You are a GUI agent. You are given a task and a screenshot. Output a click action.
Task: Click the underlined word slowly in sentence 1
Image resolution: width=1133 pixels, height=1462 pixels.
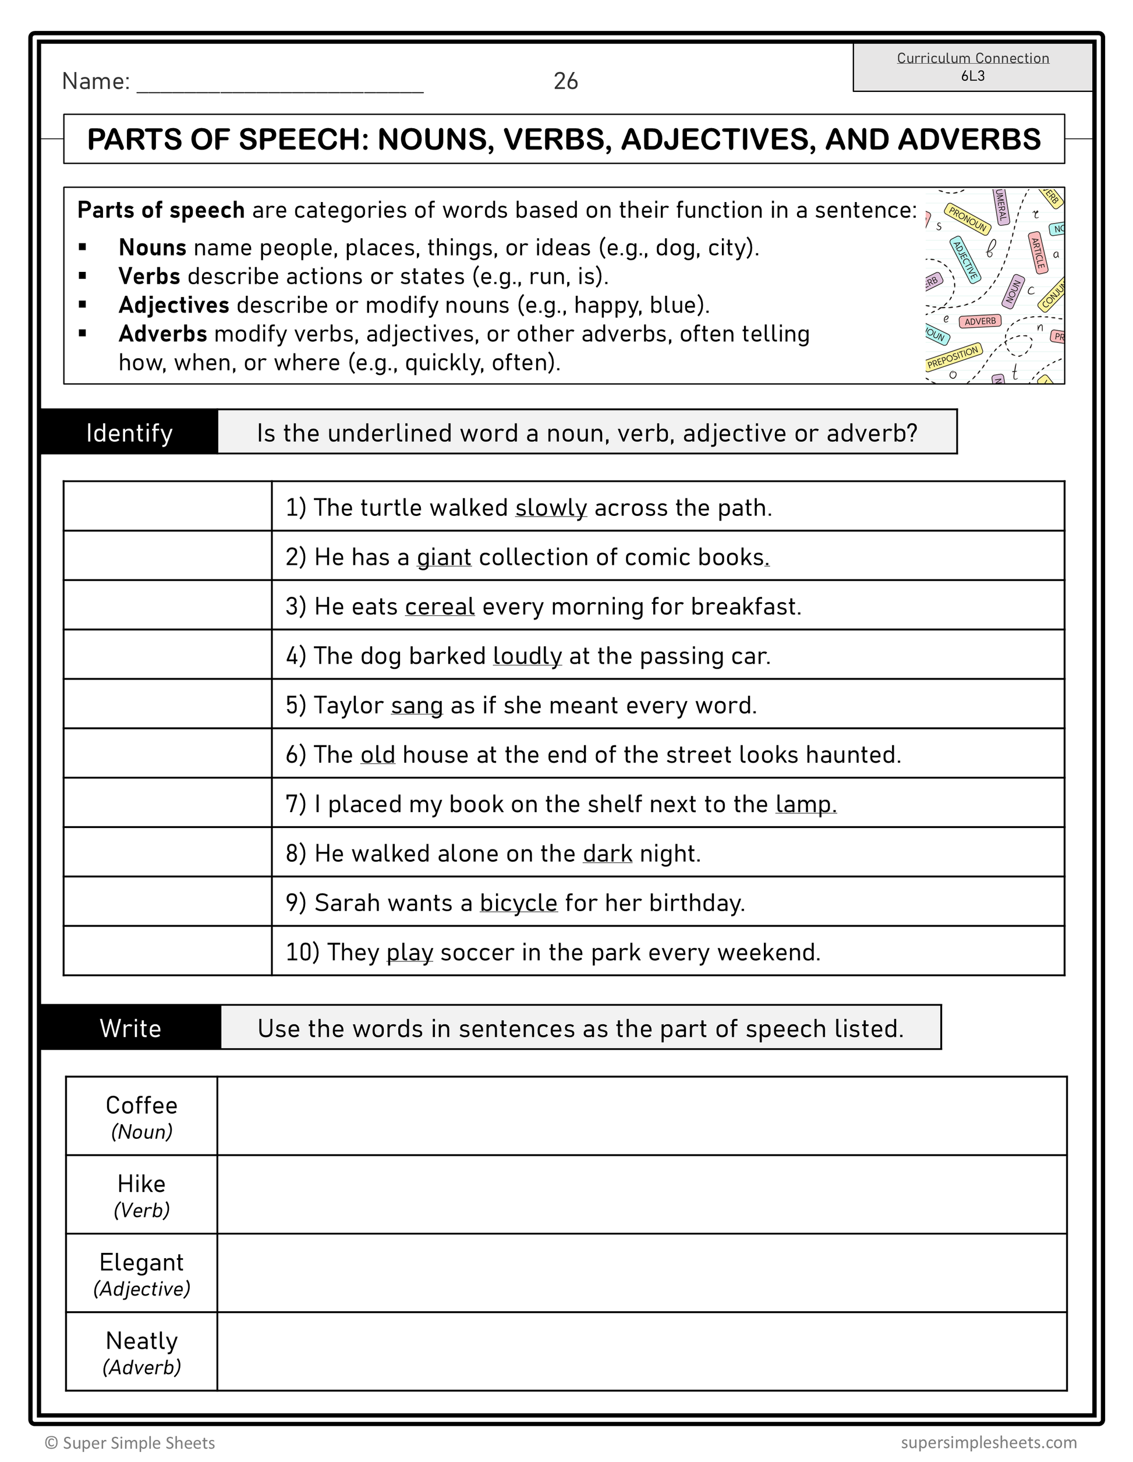pos(551,508)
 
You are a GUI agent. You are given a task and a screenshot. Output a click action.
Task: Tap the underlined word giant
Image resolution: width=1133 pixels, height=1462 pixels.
pos(444,558)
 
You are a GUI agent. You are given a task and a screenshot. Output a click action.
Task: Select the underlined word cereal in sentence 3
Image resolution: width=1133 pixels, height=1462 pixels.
pos(440,607)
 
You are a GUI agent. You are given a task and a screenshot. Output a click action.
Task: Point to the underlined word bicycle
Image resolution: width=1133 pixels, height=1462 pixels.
pos(519,903)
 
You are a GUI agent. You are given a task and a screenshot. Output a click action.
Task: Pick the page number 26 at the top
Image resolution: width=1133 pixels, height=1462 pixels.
pos(565,81)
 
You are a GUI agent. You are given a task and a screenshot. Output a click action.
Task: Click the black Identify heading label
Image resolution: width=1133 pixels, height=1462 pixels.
pos(129,433)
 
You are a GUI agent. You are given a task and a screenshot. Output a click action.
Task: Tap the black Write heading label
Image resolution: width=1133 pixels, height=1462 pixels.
pos(130,1028)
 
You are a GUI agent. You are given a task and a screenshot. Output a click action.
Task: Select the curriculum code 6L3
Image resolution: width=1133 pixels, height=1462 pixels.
pos(972,76)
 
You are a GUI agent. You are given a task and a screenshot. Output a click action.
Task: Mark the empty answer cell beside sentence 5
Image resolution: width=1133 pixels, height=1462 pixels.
pos(167,705)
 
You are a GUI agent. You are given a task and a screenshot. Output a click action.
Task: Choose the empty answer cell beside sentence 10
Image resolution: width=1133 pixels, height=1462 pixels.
pos(167,951)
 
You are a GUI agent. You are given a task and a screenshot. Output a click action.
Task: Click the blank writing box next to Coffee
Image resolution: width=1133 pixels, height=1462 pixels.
pos(641,1116)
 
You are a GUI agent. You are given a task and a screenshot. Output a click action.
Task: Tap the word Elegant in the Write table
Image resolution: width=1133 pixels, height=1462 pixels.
pos(141,1262)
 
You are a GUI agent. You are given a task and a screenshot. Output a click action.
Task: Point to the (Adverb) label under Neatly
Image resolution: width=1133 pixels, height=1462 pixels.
pos(142,1367)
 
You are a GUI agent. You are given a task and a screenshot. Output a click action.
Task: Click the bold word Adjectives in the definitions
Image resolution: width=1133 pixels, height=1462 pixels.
pos(174,305)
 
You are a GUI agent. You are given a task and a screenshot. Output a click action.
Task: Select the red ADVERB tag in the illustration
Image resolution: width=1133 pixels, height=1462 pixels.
pos(980,321)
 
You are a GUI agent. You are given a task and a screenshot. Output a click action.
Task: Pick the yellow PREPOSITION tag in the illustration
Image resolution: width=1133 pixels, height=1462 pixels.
pos(954,356)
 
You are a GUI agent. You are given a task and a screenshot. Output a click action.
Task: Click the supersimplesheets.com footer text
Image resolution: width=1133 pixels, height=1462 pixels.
pos(989,1443)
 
